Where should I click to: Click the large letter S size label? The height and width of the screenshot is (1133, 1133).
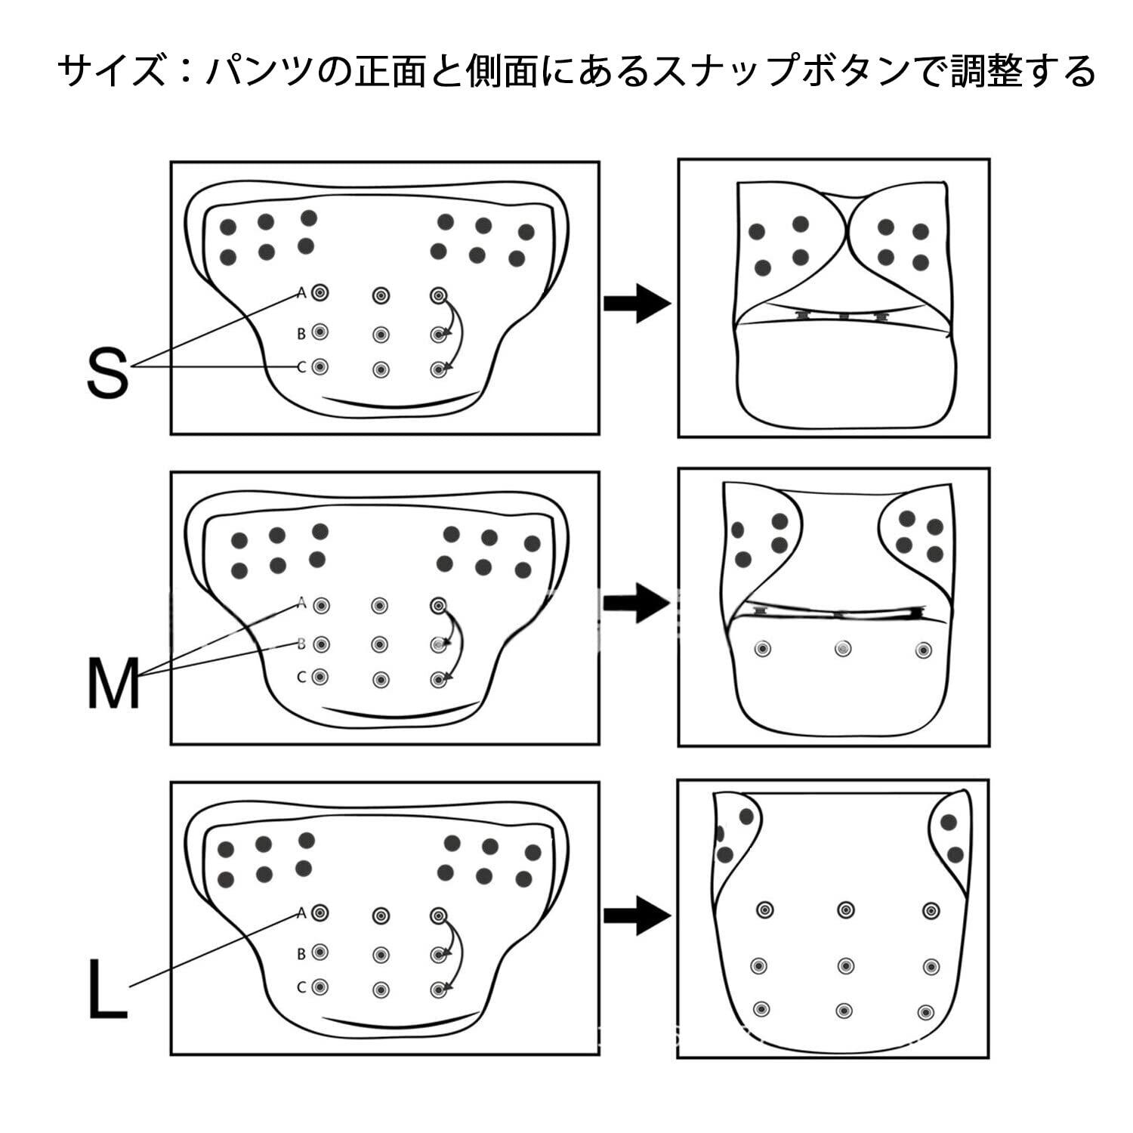pos(108,373)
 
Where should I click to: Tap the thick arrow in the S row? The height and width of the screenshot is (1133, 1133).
pos(637,304)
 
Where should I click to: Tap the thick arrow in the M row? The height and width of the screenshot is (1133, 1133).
pos(637,603)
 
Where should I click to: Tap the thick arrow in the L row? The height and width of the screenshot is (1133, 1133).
pos(637,915)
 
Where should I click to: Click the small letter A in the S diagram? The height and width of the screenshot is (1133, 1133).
pos(301,292)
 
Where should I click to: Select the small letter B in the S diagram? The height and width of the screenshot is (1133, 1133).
pos(301,333)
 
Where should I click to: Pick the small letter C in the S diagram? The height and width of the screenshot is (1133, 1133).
pos(301,368)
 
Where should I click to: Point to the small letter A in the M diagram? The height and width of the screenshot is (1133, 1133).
pos(301,603)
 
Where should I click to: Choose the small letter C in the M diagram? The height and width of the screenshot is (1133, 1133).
pos(301,678)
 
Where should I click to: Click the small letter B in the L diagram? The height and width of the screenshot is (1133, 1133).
pos(301,954)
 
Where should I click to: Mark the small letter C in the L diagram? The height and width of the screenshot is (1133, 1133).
pos(301,987)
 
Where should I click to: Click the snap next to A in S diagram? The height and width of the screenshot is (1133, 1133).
pos(320,292)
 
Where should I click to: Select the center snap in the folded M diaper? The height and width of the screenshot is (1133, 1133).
pos(843,648)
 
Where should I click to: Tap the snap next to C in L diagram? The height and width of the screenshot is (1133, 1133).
pos(320,986)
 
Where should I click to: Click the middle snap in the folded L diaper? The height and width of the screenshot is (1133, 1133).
pos(845,965)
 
